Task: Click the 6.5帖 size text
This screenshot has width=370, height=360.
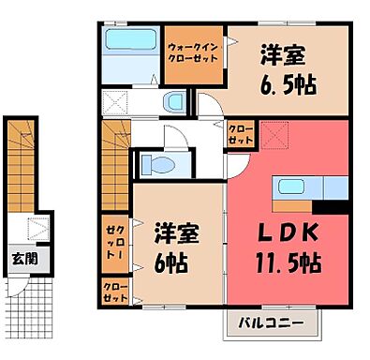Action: click(288, 85)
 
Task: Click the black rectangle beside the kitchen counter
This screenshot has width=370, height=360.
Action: click(333, 190)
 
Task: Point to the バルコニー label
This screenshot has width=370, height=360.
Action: click(270, 323)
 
